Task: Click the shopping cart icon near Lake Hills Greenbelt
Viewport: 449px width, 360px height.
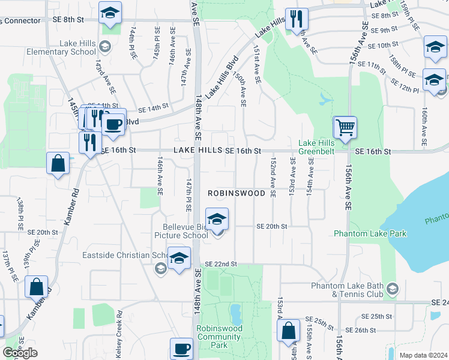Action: [345, 127]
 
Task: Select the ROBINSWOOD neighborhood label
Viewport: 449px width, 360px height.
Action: [237, 194]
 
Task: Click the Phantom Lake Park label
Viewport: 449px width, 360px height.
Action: [370, 233]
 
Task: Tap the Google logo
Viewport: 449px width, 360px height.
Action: [20, 353]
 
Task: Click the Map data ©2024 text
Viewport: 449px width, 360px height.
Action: [423, 355]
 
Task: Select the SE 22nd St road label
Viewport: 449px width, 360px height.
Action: [221, 264]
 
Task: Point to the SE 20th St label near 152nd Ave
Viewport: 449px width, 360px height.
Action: [272, 226]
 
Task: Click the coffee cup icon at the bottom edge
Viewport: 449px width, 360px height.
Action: [181, 348]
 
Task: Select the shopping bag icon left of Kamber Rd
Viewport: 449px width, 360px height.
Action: [58, 163]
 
